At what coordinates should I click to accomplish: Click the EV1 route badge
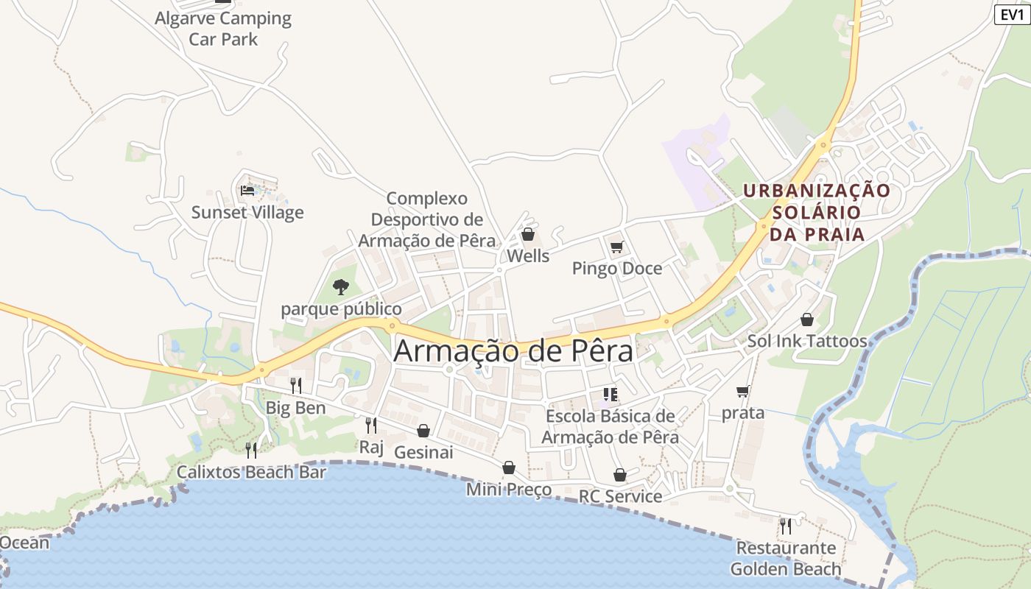point(1013,15)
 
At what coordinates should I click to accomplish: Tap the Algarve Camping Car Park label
point(223,29)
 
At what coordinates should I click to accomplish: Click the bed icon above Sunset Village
point(247,191)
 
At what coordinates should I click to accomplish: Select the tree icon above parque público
point(340,286)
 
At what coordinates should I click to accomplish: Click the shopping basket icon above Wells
point(527,235)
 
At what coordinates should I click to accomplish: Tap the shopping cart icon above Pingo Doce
point(616,247)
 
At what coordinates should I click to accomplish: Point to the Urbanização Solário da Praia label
point(816,212)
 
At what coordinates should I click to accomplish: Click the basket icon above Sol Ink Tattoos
point(807,320)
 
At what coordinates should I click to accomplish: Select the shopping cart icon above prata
point(742,391)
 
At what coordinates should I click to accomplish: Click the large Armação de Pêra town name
point(513,350)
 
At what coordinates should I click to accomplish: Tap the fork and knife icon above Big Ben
point(295,385)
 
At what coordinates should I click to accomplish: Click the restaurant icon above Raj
point(371,425)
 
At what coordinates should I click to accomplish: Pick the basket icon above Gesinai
point(423,430)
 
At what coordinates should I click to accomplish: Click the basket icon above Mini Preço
point(508,468)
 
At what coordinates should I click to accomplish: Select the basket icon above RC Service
point(620,475)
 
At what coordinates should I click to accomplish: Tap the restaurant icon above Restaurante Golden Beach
point(786,526)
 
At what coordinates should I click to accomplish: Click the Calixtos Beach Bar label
point(251,472)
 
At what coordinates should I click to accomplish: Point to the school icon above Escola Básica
point(610,395)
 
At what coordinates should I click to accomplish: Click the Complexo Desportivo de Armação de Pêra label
point(427,219)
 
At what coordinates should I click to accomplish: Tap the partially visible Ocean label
point(24,543)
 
